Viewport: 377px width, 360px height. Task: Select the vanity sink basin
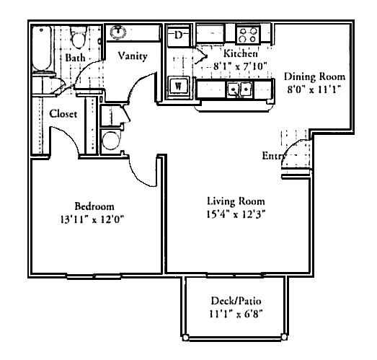(x=117, y=33)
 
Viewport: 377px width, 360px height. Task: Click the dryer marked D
(x=179, y=35)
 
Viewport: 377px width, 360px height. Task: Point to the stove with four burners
(x=249, y=34)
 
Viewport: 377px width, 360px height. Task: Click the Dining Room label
(x=314, y=76)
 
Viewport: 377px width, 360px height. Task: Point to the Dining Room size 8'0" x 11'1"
(x=314, y=89)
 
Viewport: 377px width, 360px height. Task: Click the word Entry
(x=272, y=157)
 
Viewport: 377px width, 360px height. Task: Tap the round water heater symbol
(x=111, y=140)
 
